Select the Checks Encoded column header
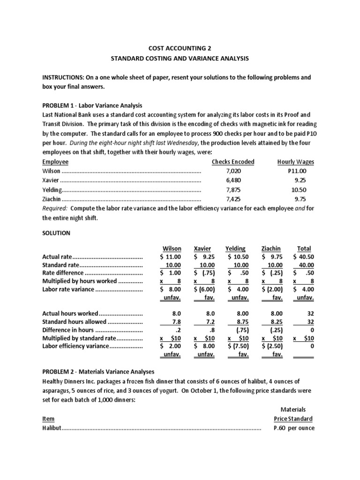[233, 162]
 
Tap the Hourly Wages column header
[295, 162]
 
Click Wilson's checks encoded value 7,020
[233, 172]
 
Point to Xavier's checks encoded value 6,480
[233, 180]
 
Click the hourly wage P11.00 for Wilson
[297, 172]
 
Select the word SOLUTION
[56, 233]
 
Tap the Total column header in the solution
[304, 248]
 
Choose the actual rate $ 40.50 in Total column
[302, 257]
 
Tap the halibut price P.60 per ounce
[294, 428]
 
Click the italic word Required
[54, 208]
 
